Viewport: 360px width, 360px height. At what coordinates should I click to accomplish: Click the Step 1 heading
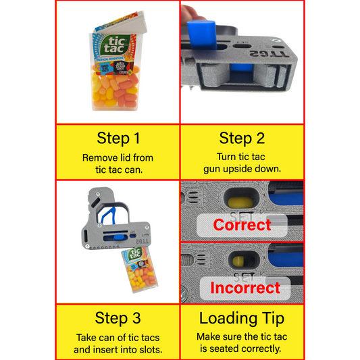click(118, 138)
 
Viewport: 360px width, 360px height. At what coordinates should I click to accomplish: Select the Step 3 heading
click(118, 317)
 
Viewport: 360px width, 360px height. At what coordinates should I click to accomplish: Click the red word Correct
click(242, 225)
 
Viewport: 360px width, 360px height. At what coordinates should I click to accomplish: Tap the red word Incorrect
click(245, 288)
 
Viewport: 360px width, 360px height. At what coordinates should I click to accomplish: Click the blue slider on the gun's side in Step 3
click(119, 237)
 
